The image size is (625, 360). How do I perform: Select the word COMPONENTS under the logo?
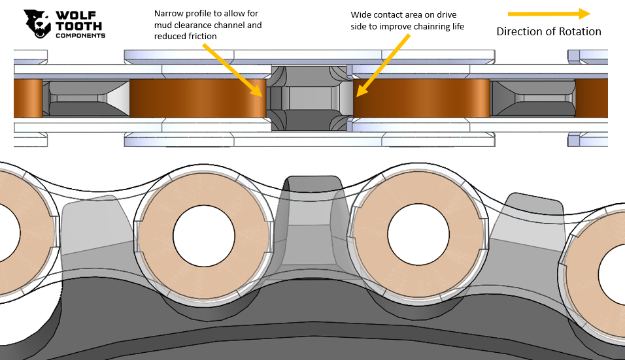pos(80,35)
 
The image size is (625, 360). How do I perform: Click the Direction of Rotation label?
pos(549,31)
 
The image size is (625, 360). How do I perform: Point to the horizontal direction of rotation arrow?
pos(549,14)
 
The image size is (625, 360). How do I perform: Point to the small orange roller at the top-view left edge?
pos(27,99)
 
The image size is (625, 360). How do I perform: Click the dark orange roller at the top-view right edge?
pos(591,99)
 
